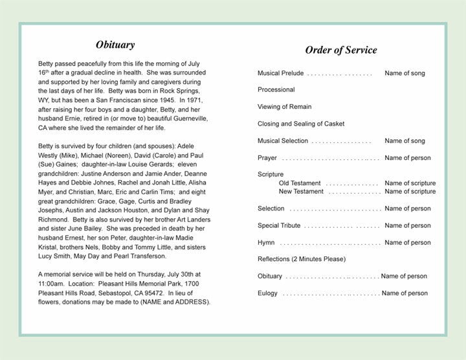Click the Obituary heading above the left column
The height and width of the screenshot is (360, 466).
tap(115, 45)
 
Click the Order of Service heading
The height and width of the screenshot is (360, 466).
tap(341, 51)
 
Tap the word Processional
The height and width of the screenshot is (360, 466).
tap(276, 90)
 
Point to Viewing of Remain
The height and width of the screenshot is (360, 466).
tap(284, 107)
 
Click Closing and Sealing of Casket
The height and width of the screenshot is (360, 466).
tap(301, 124)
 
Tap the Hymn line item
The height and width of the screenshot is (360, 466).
tap(267, 243)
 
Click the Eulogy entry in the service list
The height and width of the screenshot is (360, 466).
tap(267, 293)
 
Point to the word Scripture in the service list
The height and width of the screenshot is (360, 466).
tap(271, 175)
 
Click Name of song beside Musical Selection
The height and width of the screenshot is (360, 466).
tap(405, 141)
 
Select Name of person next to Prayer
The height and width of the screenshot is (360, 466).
tap(408, 158)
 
